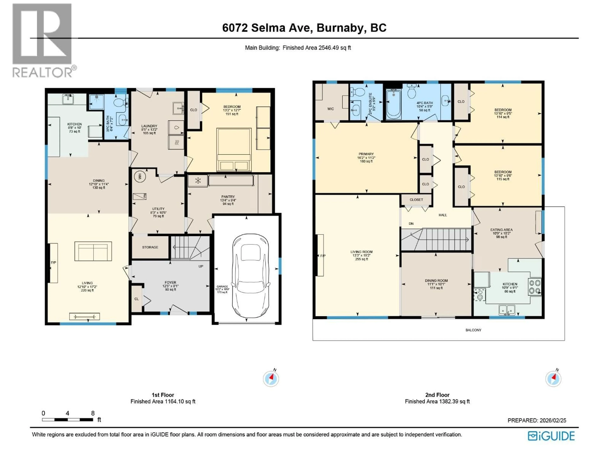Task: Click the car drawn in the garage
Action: click(x=251, y=275)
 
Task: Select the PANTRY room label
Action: click(x=228, y=197)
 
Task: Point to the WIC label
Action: click(x=330, y=109)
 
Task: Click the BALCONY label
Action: click(x=473, y=330)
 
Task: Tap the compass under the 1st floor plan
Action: click(x=271, y=379)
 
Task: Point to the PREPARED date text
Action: click(x=537, y=420)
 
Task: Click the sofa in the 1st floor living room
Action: click(x=93, y=251)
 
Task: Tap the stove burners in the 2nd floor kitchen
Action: click(x=535, y=287)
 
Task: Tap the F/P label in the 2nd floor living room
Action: click(x=323, y=256)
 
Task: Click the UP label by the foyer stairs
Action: click(x=201, y=266)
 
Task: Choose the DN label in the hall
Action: click(x=411, y=224)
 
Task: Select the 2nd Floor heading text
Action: click(x=437, y=395)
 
